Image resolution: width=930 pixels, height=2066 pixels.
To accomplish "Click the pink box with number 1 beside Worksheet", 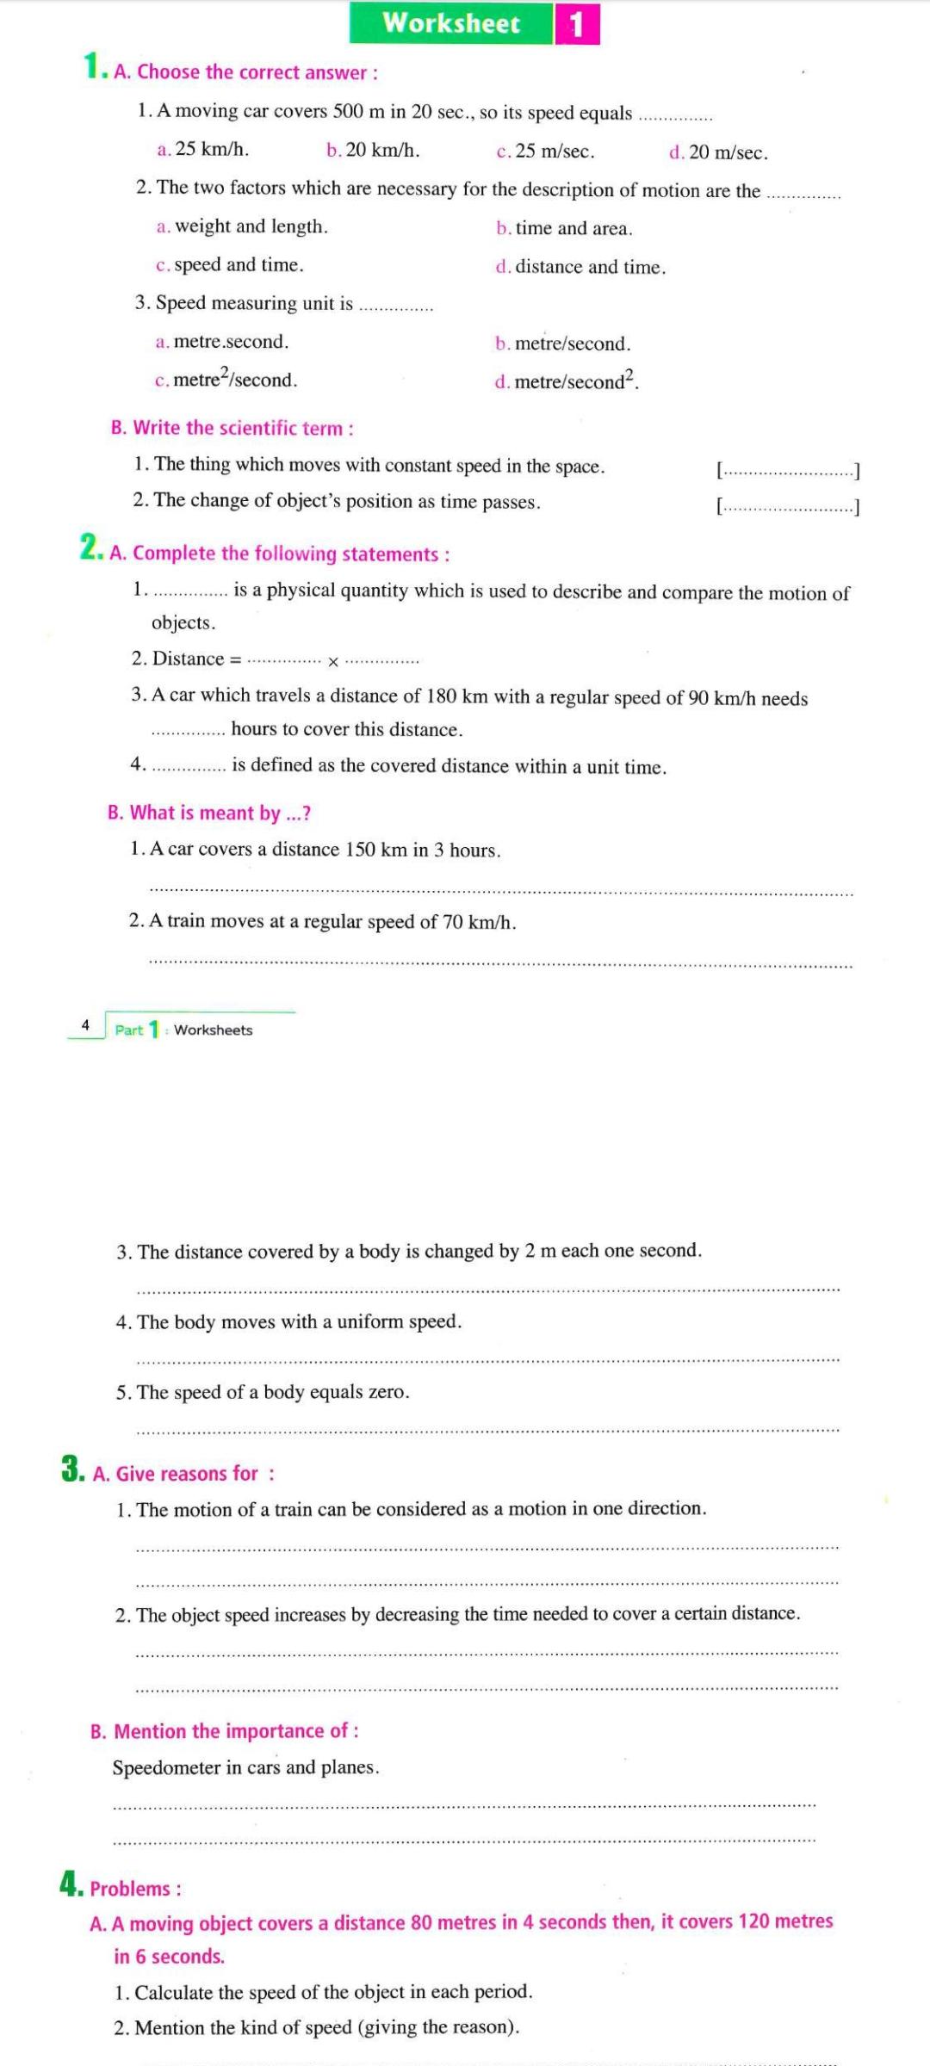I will [576, 24].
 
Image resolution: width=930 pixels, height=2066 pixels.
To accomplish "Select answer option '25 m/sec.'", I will [554, 152].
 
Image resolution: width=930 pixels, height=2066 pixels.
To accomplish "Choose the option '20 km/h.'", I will [381, 150].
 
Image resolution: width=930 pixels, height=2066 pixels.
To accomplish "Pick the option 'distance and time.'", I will [590, 267].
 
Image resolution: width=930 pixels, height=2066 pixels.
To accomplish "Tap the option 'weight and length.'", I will [251, 226].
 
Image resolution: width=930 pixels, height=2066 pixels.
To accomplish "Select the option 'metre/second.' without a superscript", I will [572, 343].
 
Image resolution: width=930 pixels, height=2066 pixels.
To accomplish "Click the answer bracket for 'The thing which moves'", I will [788, 470].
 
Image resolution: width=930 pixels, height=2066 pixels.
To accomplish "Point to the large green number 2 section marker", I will [90, 547].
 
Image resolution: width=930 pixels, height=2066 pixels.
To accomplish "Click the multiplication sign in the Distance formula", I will [333, 661].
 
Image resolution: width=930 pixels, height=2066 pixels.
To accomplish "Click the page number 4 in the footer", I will [85, 1025].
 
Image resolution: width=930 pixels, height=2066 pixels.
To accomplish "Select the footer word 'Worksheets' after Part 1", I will [214, 1030].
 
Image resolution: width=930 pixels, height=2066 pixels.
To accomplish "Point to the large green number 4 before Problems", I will [71, 1884].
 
